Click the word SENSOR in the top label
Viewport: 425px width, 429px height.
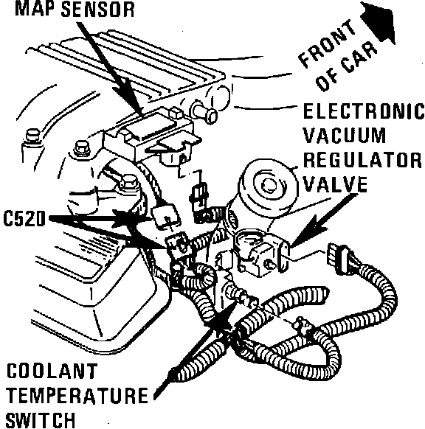[97, 10]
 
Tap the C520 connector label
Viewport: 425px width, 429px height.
[24, 219]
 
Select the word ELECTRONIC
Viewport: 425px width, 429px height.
[364, 111]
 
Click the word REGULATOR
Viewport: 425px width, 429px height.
[362, 160]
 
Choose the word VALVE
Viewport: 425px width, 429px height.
[335, 184]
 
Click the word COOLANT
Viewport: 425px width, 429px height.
[52, 371]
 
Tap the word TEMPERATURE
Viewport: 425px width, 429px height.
[77, 395]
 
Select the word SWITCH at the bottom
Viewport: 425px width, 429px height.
[41, 420]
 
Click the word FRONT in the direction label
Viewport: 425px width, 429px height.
[327, 43]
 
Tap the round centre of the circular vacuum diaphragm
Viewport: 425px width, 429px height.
[270, 185]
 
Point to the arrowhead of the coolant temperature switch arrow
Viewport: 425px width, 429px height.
[223, 318]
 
